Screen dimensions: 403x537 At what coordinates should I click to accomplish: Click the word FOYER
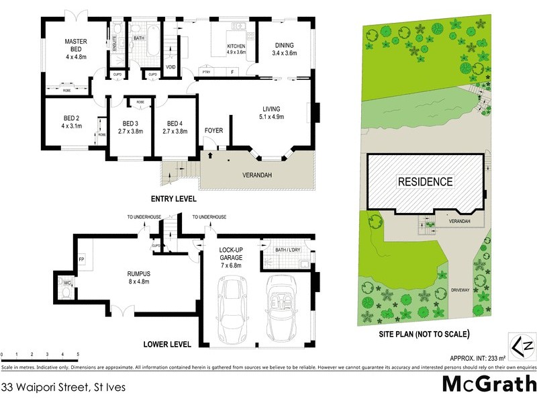tap(214, 130)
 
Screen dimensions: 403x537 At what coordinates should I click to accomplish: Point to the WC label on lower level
tap(67, 283)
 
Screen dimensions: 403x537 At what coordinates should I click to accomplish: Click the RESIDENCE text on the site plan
tap(426, 181)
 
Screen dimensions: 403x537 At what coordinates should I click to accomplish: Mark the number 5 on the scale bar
tap(78, 354)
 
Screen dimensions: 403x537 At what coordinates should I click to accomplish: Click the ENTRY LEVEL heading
tap(173, 199)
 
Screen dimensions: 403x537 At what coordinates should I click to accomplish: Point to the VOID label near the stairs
tap(170, 66)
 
